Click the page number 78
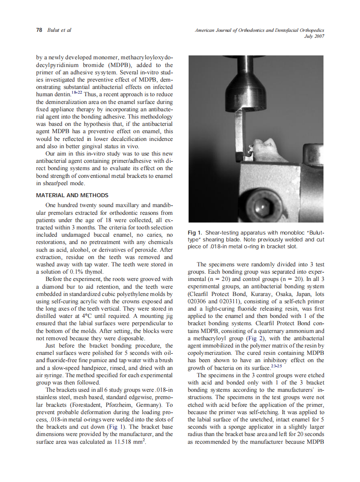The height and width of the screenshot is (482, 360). click(x=39, y=30)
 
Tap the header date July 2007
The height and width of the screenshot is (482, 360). click(x=314, y=37)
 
